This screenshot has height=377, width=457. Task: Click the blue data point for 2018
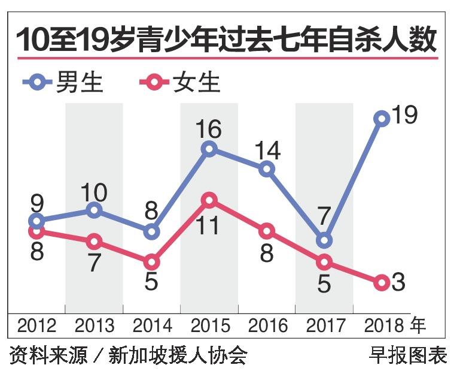(382, 119)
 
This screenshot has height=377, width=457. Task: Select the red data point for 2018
(382, 282)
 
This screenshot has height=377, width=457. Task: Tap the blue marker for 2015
(209, 149)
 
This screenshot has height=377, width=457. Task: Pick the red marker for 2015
(209, 200)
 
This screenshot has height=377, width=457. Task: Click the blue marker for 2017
(324, 240)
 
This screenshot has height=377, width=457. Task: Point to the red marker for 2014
(151, 262)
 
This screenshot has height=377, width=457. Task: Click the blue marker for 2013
(94, 210)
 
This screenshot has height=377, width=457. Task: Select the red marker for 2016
(267, 231)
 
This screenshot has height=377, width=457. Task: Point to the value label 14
(266, 150)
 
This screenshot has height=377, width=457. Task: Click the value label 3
(398, 282)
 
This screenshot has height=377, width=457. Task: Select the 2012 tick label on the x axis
(36, 325)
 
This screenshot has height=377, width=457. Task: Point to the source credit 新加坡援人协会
(178, 355)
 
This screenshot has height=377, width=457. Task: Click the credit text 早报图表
(407, 355)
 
